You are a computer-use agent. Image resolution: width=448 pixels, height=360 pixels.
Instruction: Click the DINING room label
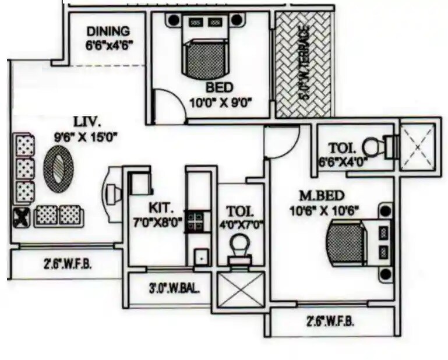click(x=108, y=31)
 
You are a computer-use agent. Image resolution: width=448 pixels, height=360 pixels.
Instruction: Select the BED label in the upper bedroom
click(x=219, y=87)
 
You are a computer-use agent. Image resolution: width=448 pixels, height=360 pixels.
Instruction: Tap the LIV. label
click(x=87, y=123)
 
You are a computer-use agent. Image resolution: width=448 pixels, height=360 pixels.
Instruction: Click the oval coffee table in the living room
click(x=59, y=168)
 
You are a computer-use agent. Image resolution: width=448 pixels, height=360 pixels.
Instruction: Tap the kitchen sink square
click(x=202, y=255)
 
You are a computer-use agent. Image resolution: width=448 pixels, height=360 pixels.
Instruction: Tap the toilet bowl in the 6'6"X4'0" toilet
click(x=373, y=144)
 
